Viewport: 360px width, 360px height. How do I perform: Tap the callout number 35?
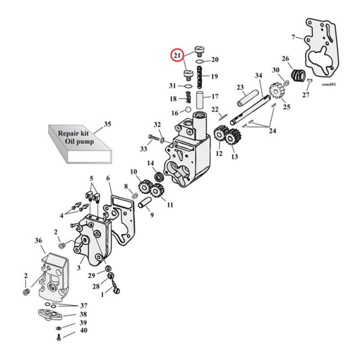[x=107, y=124]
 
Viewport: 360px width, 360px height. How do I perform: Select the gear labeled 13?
[x=232, y=137]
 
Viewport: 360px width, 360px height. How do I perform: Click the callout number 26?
[x=285, y=59]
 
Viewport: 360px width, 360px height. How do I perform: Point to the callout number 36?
[x=38, y=241]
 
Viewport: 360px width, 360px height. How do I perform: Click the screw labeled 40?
[x=59, y=338]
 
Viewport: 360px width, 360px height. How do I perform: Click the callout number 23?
[x=240, y=87]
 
